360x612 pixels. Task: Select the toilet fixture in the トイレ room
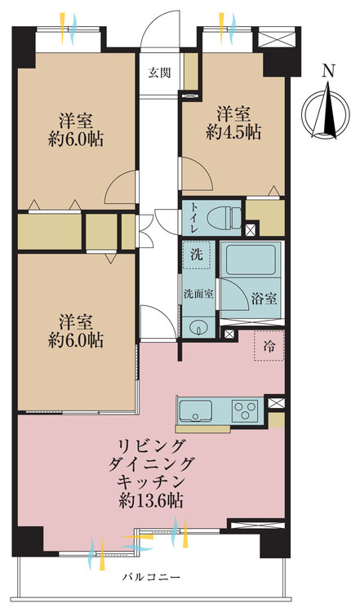tap(224, 217)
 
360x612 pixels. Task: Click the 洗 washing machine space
tap(196, 254)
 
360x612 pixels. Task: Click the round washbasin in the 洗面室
tap(198, 328)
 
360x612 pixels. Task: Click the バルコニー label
tap(151, 578)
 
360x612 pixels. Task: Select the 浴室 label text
tap(263, 299)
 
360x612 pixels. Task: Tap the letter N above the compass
tap(327, 70)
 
